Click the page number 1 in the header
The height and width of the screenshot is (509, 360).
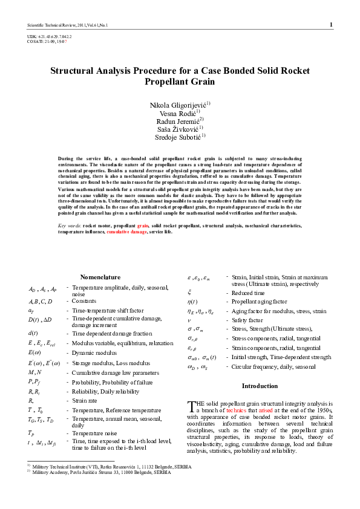[331, 25]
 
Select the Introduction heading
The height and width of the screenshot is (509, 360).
[260, 386]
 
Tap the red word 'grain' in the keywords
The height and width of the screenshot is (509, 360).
[143, 225]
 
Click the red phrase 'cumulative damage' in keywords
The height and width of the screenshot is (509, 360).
[127, 232]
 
